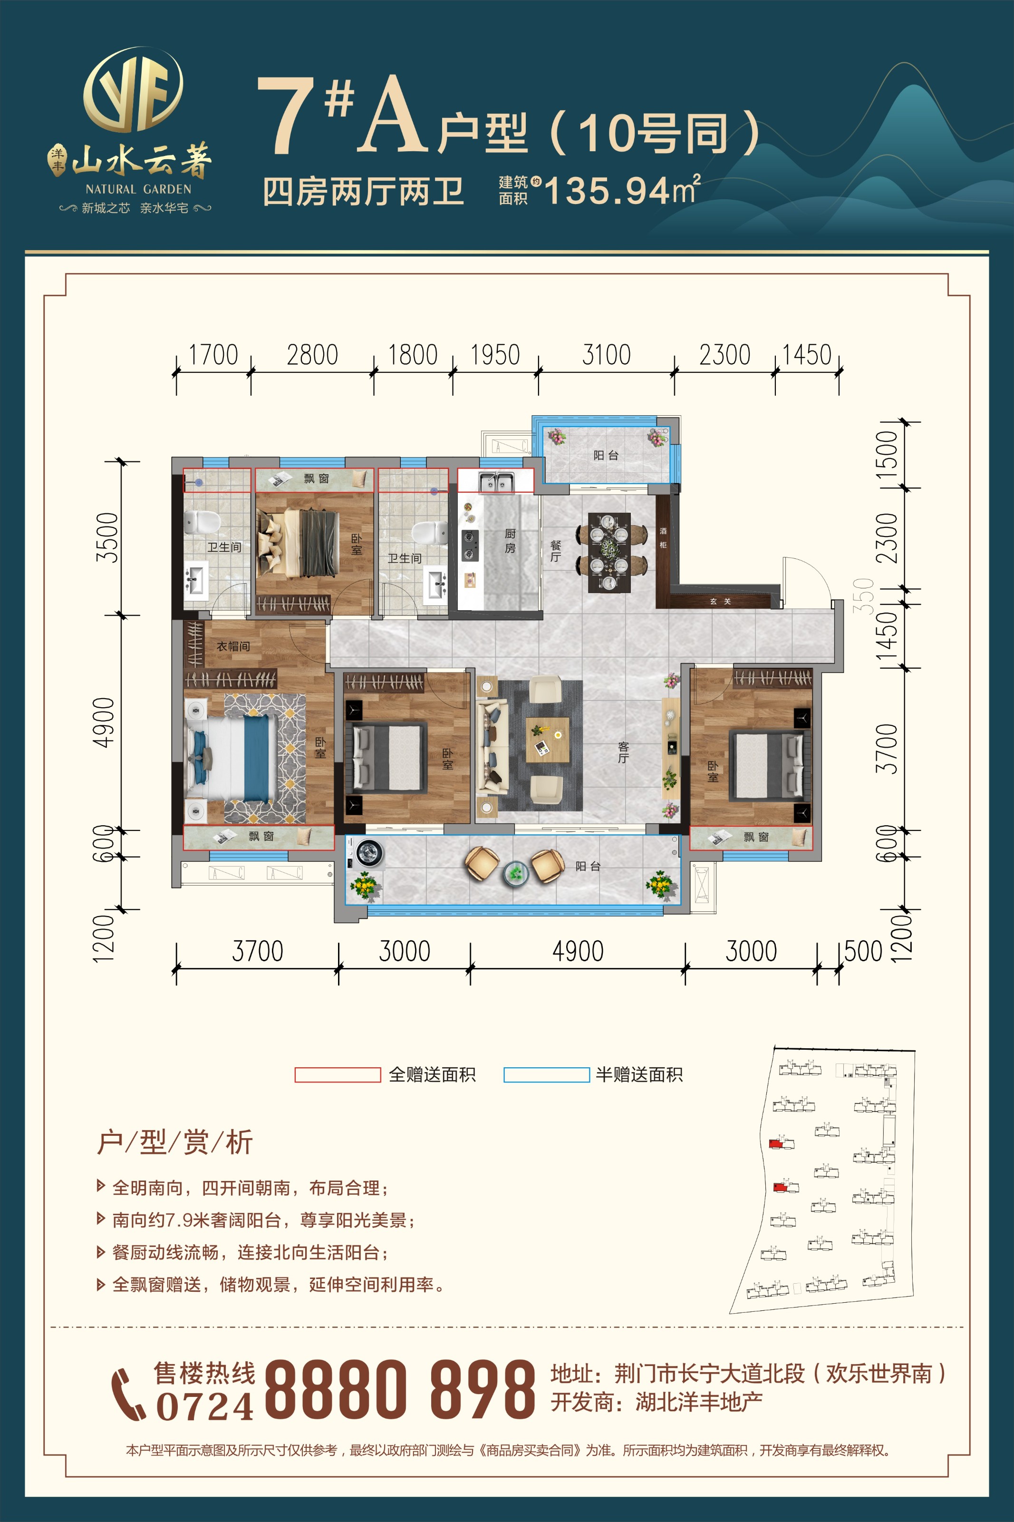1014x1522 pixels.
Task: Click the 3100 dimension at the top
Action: (606, 354)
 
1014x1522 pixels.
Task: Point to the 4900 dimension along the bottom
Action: (578, 951)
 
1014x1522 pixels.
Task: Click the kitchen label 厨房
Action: (510, 541)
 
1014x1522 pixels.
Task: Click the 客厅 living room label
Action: (623, 752)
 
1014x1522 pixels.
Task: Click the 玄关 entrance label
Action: (720, 601)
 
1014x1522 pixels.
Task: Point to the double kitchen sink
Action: (496, 482)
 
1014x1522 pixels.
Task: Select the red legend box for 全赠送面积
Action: (338, 1074)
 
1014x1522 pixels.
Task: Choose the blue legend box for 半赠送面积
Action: (546, 1074)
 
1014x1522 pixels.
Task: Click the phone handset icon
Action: (128, 1395)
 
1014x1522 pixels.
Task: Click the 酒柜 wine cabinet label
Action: (663, 537)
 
